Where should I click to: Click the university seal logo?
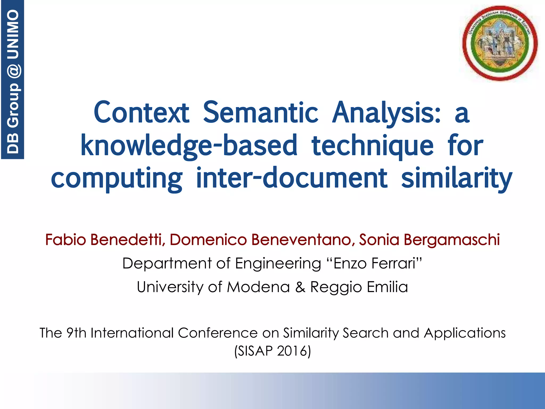tap(500, 43)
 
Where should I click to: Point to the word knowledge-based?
tap(189, 146)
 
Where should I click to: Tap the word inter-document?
tap(291, 178)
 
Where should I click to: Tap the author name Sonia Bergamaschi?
tap(429, 240)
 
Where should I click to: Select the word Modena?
tap(258, 287)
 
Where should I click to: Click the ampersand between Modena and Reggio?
tap(300, 287)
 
